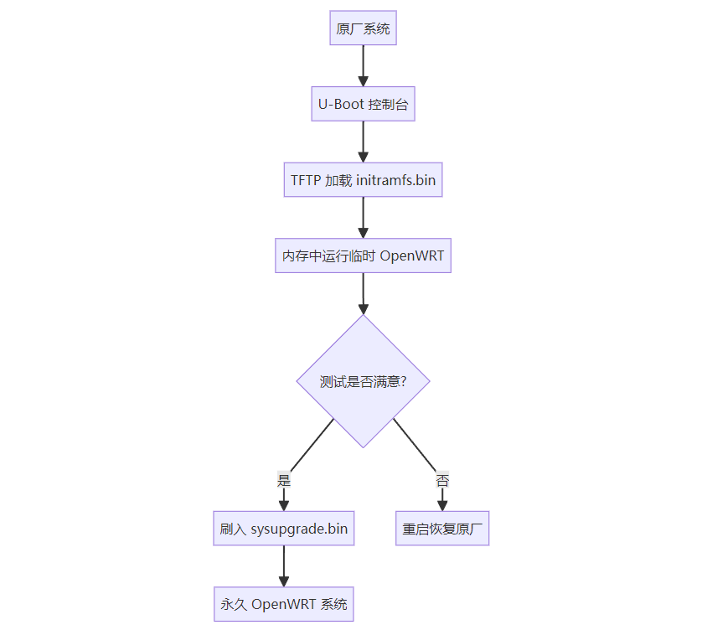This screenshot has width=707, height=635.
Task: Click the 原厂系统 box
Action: tap(363, 29)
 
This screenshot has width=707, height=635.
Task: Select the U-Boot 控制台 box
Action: tap(363, 105)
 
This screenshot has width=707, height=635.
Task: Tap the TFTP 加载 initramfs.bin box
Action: tap(363, 180)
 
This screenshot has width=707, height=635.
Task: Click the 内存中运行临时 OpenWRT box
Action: tap(363, 256)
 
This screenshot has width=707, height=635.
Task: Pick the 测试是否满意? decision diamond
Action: tap(363, 381)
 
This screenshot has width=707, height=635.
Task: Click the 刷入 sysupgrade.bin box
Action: tap(283, 529)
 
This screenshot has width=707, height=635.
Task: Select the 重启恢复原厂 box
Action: tap(442, 529)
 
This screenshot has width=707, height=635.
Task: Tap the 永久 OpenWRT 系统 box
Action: tap(283, 604)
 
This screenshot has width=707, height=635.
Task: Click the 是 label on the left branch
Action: tap(283, 481)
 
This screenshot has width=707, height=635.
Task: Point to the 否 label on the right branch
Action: tap(442, 481)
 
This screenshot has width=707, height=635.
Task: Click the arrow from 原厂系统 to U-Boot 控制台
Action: tap(363, 66)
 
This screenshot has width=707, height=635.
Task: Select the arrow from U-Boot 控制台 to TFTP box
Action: tap(363, 142)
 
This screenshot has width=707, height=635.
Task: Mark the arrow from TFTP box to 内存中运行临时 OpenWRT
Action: tap(363, 217)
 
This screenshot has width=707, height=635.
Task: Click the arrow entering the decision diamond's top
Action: tap(363, 292)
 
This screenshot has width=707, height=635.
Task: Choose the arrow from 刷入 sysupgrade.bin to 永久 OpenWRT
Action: tap(283, 566)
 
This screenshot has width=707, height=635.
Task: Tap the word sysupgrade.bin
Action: tap(299, 529)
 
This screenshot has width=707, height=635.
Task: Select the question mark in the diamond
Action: tap(403, 381)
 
